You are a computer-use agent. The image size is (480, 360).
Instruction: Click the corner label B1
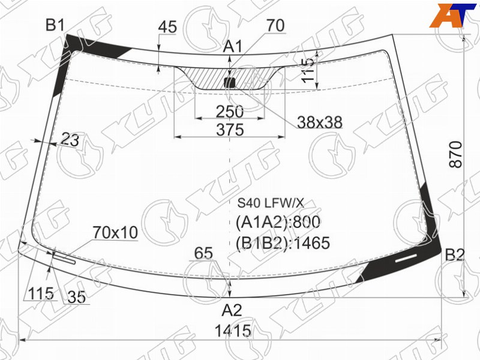click(55, 25)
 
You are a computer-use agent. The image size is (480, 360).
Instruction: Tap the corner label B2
click(455, 254)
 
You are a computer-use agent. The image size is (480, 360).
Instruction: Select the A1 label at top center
click(233, 47)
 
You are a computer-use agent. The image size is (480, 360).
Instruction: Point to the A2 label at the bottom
click(232, 310)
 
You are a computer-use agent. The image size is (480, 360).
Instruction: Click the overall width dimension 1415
click(233, 331)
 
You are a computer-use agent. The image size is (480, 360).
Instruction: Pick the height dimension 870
click(455, 154)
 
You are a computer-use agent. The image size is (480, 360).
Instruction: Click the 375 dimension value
click(230, 130)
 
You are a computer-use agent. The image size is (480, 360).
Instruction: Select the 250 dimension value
click(230, 112)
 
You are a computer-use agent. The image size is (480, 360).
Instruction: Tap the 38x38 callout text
click(320, 122)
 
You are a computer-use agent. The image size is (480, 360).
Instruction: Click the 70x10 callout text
click(115, 233)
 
